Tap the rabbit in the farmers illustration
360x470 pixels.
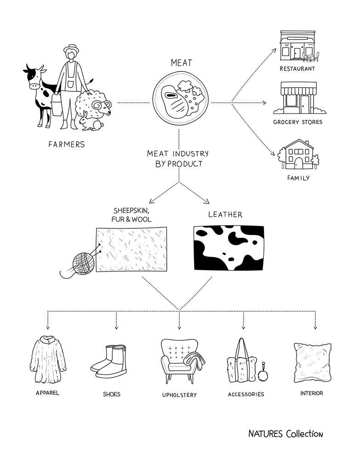pyautogui.click(x=90, y=122)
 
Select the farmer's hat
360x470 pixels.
pyautogui.click(x=71, y=48)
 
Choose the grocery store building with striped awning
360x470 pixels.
pyautogui.click(x=299, y=97)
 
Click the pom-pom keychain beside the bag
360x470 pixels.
pyautogui.click(x=264, y=372)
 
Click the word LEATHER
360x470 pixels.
pyautogui.click(x=225, y=215)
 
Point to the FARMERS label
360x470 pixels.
pyautogui.click(x=67, y=144)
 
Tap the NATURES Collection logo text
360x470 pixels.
pyautogui.click(x=286, y=434)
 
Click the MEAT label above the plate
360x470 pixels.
pyautogui.click(x=181, y=62)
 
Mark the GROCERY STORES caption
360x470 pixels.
pyautogui.click(x=297, y=122)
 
